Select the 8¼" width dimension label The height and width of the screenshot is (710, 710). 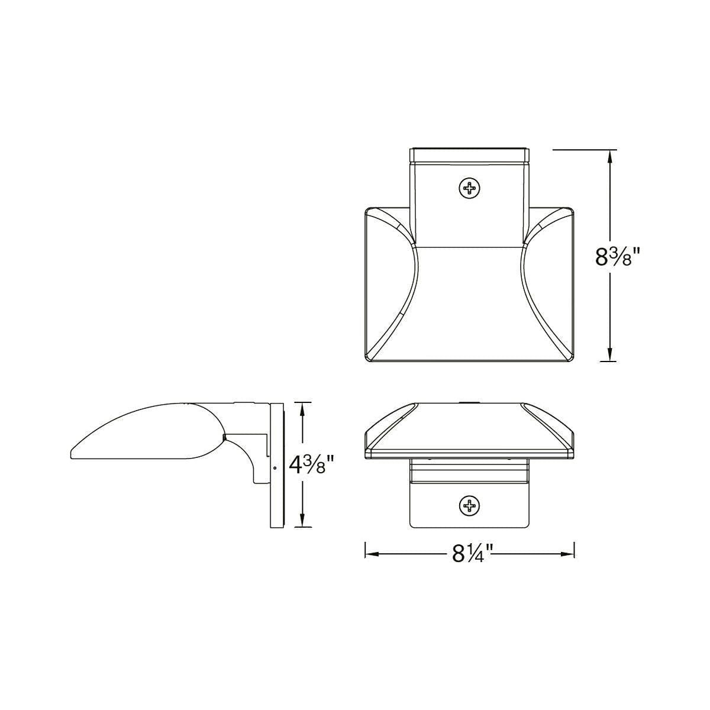pos(472,564)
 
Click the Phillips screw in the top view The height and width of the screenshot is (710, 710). pos(470,189)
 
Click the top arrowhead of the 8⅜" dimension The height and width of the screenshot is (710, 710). pos(610,159)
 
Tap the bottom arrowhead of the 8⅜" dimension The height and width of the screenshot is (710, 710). pos(610,353)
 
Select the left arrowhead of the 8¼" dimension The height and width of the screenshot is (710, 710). pos(373,564)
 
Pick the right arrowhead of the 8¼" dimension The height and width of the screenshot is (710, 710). pos(567,564)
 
